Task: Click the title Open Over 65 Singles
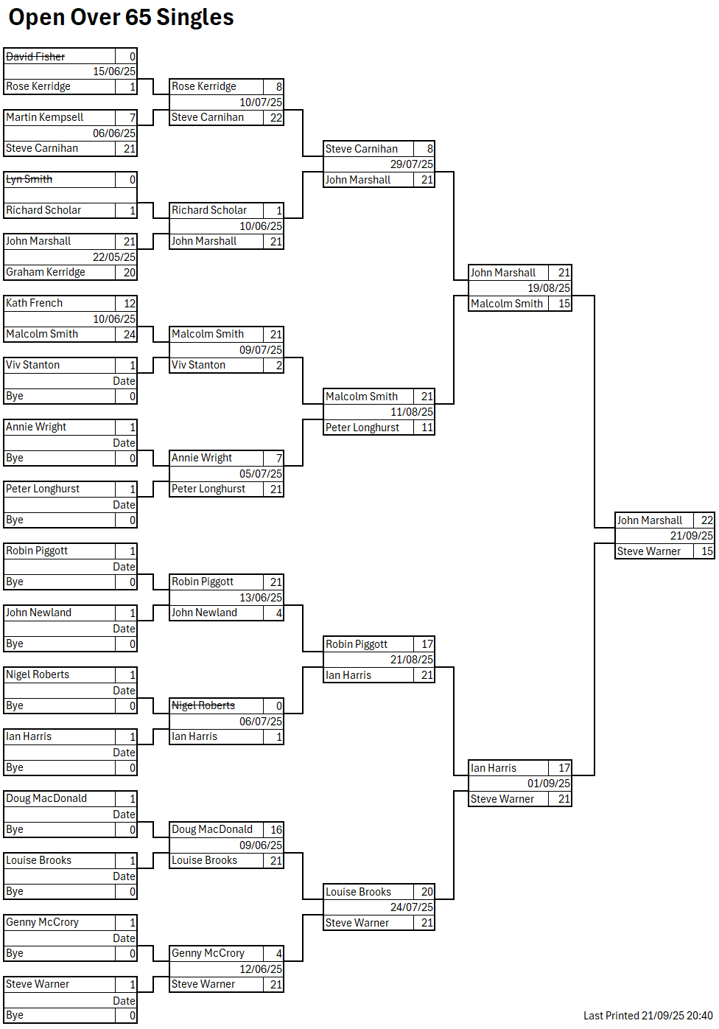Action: [x=121, y=17]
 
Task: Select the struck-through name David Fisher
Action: [x=35, y=57]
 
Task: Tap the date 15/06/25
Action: [x=114, y=71]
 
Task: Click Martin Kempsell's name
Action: [x=45, y=117]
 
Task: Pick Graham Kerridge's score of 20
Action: [x=129, y=272]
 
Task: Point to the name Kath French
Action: [x=35, y=303]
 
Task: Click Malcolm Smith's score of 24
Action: [x=129, y=334]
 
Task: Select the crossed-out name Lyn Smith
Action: [x=29, y=179]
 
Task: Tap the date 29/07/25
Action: [x=412, y=164]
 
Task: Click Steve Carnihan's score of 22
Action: [x=276, y=117]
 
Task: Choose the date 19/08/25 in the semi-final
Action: [x=549, y=288]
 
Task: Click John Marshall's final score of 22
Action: [x=706, y=520]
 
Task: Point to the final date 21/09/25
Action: [x=692, y=536]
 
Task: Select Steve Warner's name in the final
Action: [x=649, y=551]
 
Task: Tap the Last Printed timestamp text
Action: [x=648, y=1016]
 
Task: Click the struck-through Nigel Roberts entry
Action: [x=203, y=705]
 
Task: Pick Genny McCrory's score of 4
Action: [x=278, y=953]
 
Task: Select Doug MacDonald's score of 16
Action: [x=276, y=829]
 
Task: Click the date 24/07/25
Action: [x=412, y=907]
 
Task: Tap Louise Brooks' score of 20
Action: [x=427, y=892]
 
